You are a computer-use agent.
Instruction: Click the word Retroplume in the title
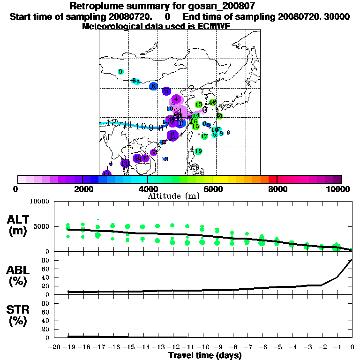pos(94,6)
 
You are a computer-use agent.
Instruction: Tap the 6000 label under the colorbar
pos(212,189)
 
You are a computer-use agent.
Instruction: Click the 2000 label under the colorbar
pos(82,189)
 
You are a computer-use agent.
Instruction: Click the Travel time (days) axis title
pos(205,355)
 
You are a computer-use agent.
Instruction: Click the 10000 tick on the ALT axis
pos(39,202)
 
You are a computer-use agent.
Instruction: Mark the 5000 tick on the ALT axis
pos(41,226)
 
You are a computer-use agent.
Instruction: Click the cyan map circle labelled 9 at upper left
pos(121,72)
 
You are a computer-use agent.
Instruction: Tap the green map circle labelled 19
pos(198,151)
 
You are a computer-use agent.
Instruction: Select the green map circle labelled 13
pos(199,105)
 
